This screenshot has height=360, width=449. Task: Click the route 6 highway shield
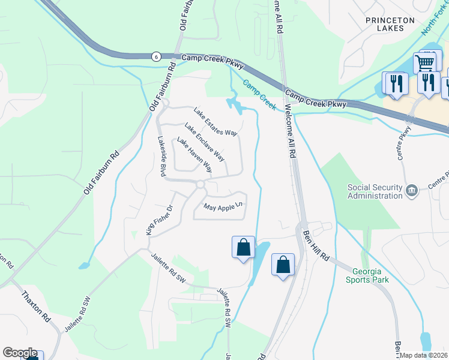point(156,56)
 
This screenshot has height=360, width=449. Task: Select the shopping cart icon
point(425,62)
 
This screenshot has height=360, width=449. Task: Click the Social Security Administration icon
point(412,191)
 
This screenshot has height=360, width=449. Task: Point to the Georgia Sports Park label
point(367,275)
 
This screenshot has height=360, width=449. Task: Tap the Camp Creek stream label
point(259,95)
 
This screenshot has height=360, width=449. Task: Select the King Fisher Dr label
point(158,221)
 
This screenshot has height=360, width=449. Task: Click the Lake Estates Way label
point(215,121)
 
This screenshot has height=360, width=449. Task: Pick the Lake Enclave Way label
point(205,142)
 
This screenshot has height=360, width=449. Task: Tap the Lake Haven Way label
point(194,155)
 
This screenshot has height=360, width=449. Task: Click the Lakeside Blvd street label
point(161,155)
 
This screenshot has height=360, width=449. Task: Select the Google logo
point(20,353)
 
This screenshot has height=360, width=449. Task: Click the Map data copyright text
point(424,355)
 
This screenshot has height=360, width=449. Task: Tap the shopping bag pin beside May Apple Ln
point(243,247)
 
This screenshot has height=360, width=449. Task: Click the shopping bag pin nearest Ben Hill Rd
point(283,265)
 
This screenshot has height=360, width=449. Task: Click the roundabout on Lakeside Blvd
point(200,185)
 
